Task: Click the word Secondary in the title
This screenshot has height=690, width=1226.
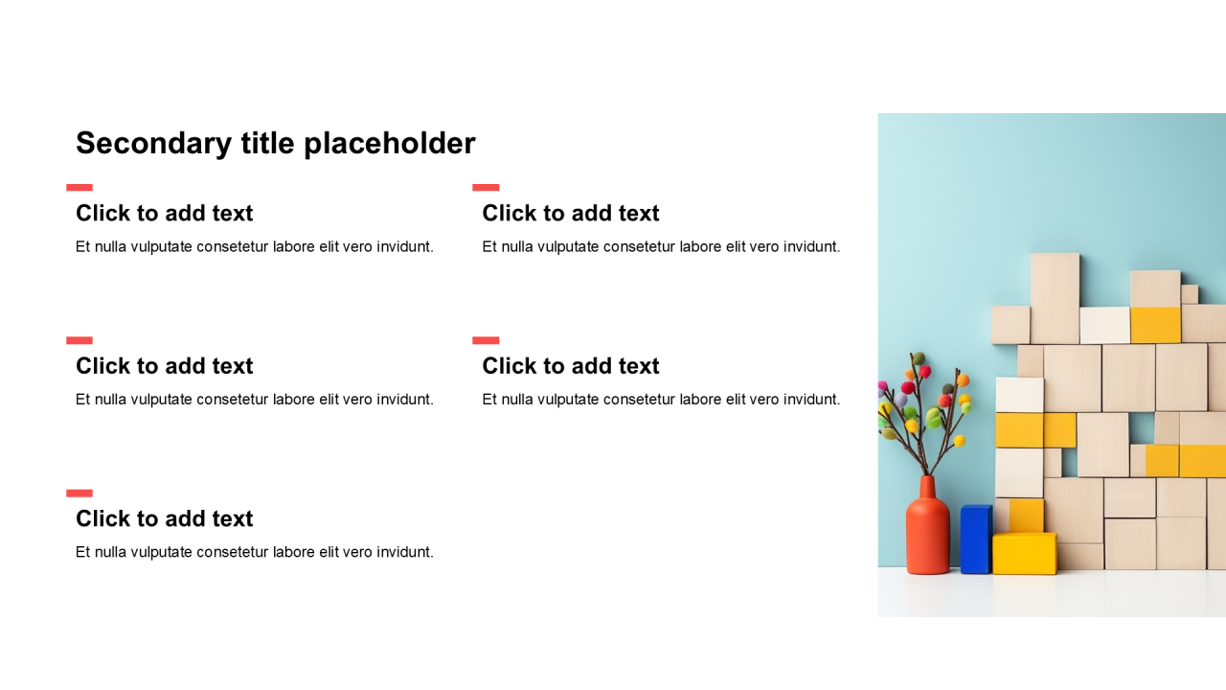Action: tap(154, 144)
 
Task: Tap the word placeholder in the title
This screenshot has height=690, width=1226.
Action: tap(389, 144)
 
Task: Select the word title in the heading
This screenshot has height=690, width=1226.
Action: tap(267, 143)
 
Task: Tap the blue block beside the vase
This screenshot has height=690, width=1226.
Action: tap(976, 540)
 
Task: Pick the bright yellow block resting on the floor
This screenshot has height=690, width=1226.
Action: tap(1025, 554)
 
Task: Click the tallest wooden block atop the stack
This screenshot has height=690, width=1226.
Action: tap(1055, 298)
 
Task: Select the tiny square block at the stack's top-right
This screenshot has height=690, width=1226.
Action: tap(1190, 294)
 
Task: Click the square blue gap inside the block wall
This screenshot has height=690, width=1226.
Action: tap(1142, 427)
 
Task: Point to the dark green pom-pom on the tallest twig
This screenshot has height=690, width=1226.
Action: tap(919, 358)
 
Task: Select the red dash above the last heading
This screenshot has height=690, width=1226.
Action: tap(79, 494)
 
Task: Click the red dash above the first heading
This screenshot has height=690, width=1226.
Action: tap(79, 187)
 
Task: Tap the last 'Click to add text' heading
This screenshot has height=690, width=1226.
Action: tap(164, 518)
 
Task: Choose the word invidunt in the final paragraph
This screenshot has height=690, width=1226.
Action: tap(404, 552)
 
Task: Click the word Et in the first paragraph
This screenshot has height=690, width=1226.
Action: tap(82, 247)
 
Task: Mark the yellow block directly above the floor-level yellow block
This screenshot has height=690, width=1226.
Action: tap(1026, 516)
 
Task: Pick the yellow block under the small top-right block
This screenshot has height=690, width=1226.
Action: tap(1155, 325)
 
